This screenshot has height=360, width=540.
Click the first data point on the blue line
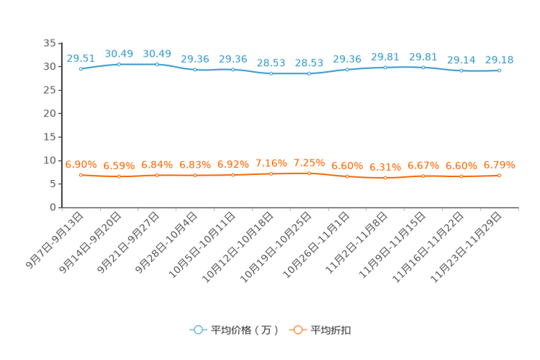(81, 68)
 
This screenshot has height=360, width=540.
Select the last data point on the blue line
(499, 70)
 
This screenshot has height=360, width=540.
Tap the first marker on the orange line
(81, 174)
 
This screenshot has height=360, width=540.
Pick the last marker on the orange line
(499, 175)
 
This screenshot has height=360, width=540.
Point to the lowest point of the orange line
(385, 177)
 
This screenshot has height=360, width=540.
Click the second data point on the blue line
(118, 64)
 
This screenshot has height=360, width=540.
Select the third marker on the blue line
(157, 64)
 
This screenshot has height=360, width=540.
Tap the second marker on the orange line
(118, 176)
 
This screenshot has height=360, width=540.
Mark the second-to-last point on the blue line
(461, 70)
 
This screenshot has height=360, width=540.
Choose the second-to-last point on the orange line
(461, 176)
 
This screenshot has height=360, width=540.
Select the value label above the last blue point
(499, 59)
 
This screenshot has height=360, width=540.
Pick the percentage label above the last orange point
(499, 165)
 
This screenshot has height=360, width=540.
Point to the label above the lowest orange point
(385, 166)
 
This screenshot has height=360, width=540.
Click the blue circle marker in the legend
(197, 330)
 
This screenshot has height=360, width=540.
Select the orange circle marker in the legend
(298, 330)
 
